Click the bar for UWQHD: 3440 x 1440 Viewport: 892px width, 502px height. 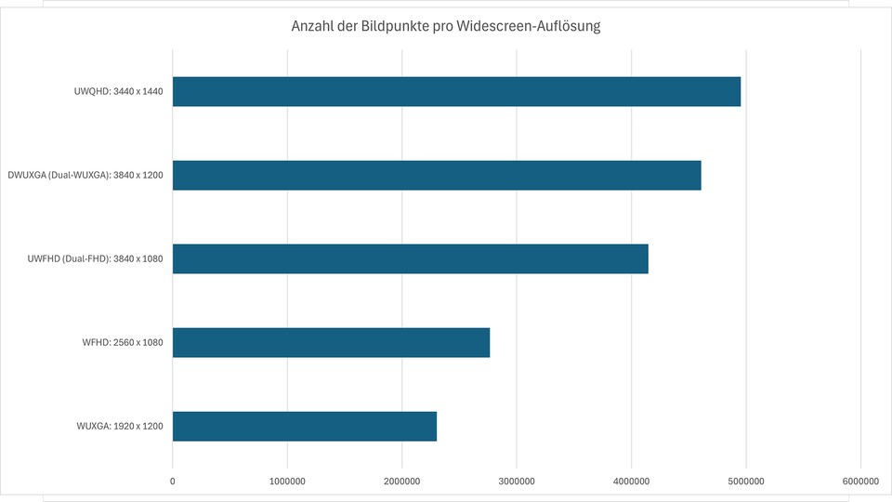[456, 91]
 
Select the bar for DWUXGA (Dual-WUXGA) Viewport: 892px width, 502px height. [437, 175]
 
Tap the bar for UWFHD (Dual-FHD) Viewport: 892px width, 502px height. [410, 258]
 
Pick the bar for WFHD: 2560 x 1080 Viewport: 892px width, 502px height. [331, 342]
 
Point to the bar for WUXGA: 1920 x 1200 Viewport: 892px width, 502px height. [305, 426]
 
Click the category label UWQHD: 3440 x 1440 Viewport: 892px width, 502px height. [119, 91]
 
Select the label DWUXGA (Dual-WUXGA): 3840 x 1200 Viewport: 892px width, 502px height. [85, 175]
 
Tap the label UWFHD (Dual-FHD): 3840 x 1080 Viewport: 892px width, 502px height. [96, 258]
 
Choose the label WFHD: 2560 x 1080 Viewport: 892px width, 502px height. [123, 342]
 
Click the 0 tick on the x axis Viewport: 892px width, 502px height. [173, 481]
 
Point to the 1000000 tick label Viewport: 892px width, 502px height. [287, 481]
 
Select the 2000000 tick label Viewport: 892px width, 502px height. [402, 481]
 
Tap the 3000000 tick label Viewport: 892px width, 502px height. [517, 481]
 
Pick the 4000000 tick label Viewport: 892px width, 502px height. [632, 481]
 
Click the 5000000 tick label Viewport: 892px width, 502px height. [746, 481]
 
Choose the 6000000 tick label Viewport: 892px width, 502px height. [860, 481]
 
